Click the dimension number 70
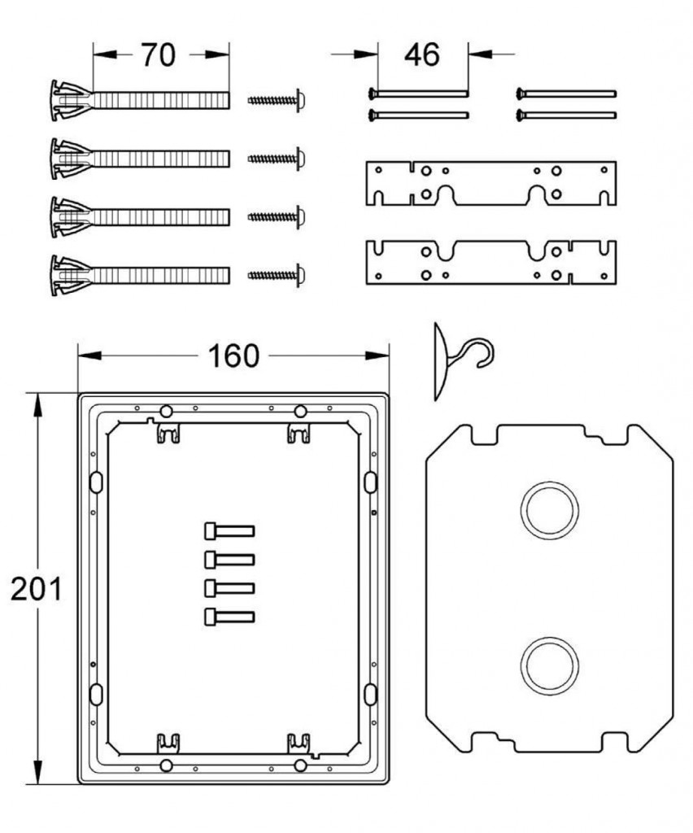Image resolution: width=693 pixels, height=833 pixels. pos(159,55)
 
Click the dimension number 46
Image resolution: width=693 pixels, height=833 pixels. pos(422,55)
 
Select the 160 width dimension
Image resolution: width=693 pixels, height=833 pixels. pos(233,356)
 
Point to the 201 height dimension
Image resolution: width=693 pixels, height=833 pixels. pos(36,589)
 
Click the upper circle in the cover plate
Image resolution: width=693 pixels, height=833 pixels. pos(550,511)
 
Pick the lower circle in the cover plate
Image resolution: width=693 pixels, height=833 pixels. pos(550,666)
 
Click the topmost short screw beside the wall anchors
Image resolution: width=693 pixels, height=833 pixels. pos(277,100)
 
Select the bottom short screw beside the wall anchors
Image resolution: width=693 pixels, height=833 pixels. pos(277,275)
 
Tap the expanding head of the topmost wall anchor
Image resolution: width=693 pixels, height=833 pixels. pos(72,100)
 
